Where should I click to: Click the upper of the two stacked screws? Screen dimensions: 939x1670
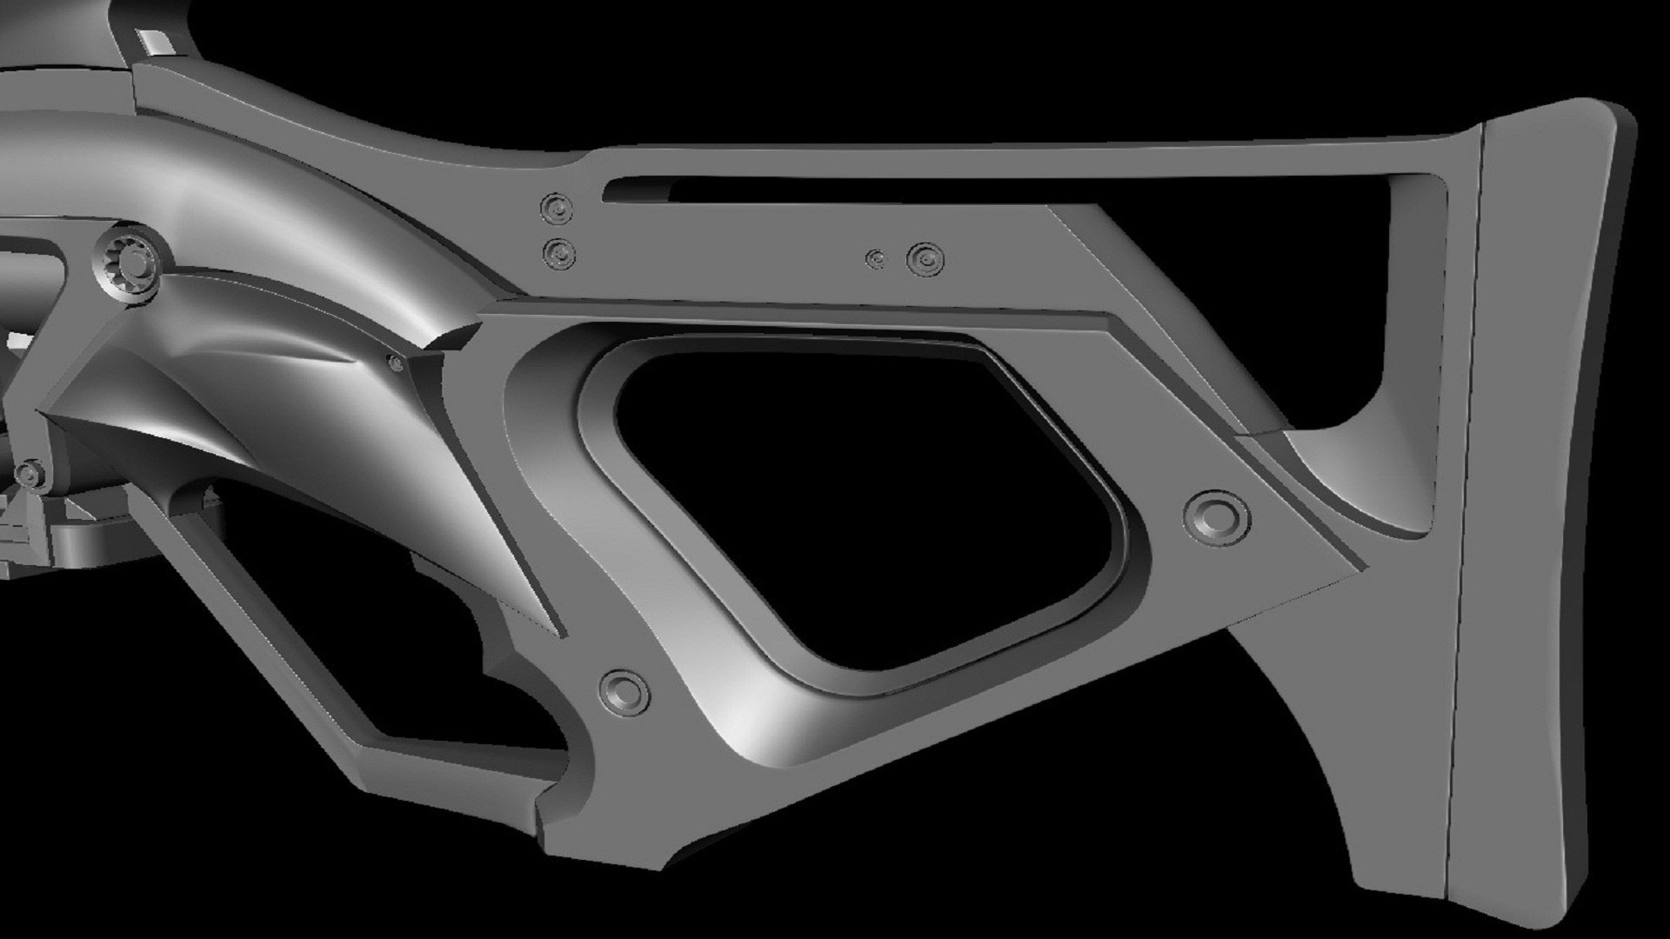pos(557,209)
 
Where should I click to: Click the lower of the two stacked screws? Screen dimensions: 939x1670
pos(558,254)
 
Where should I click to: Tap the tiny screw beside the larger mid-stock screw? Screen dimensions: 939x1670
pos(877,258)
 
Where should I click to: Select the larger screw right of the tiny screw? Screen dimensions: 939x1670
pos(925,258)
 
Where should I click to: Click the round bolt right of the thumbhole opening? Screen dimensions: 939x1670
pos(1216,516)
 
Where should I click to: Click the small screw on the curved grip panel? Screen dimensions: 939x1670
pos(396,363)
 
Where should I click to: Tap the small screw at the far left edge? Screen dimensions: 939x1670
pos(32,473)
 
